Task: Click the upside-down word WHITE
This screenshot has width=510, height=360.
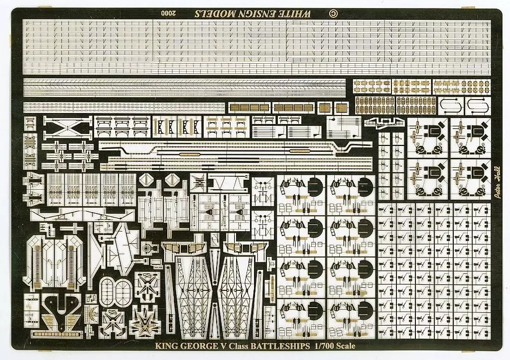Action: click(297, 13)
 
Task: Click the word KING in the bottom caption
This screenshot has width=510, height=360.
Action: click(166, 346)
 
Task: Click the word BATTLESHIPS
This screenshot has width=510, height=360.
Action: click(280, 346)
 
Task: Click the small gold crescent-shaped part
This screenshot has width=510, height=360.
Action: click(92, 313)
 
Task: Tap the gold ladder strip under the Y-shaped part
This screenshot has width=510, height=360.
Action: click(57, 334)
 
